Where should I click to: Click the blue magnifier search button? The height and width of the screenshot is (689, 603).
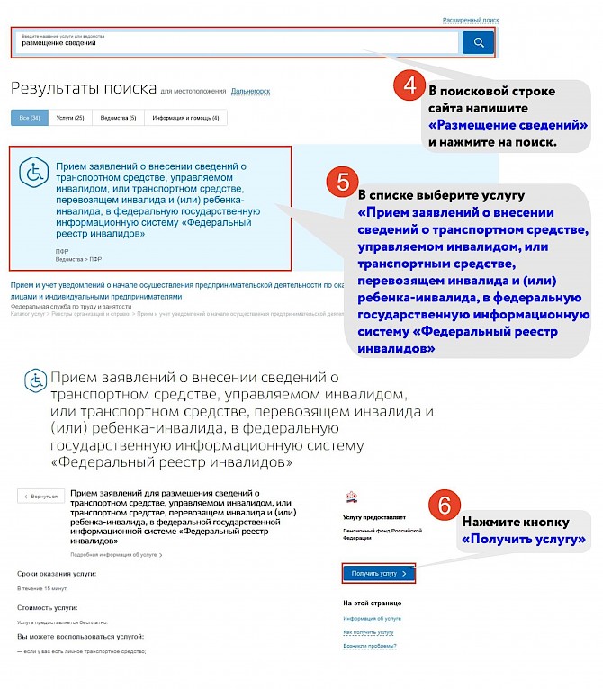[x=478, y=42]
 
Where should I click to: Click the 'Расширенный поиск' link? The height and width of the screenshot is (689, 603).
[x=472, y=20]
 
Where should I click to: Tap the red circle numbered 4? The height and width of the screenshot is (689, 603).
[x=409, y=86]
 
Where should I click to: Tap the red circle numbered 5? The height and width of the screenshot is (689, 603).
[x=343, y=182]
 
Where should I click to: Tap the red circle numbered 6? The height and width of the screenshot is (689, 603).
[x=440, y=505]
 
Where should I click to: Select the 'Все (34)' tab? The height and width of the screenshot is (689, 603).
[x=30, y=118]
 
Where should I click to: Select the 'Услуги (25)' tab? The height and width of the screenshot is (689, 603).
[x=70, y=118]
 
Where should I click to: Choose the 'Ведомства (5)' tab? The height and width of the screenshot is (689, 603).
[x=119, y=118]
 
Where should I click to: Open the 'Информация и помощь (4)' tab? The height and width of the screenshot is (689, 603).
[x=185, y=118]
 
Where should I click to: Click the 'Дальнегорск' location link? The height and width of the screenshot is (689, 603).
[x=250, y=92]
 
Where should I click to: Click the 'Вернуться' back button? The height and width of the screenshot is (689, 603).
[x=41, y=496]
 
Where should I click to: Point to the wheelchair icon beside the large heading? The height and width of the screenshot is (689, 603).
[x=36, y=380]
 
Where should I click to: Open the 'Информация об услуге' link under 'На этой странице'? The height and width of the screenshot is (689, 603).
[x=372, y=619]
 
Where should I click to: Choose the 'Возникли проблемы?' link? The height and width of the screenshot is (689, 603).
[x=370, y=646]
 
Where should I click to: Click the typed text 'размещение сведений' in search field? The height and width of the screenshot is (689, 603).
[x=58, y=42]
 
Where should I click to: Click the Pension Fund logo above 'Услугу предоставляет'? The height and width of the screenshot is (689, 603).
[x=351, y=496]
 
